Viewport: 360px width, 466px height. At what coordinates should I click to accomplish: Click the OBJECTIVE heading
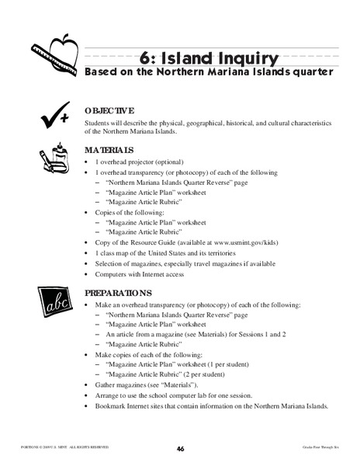pyautogui.click(x=109, y=110)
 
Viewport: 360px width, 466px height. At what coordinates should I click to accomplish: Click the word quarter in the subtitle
pyautogui.click(x=308, y=72)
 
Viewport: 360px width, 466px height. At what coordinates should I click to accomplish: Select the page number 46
pyautogui.click(x=180, y=448)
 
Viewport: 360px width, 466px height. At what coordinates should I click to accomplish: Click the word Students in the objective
pyautogui.click(x=99, y=123)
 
